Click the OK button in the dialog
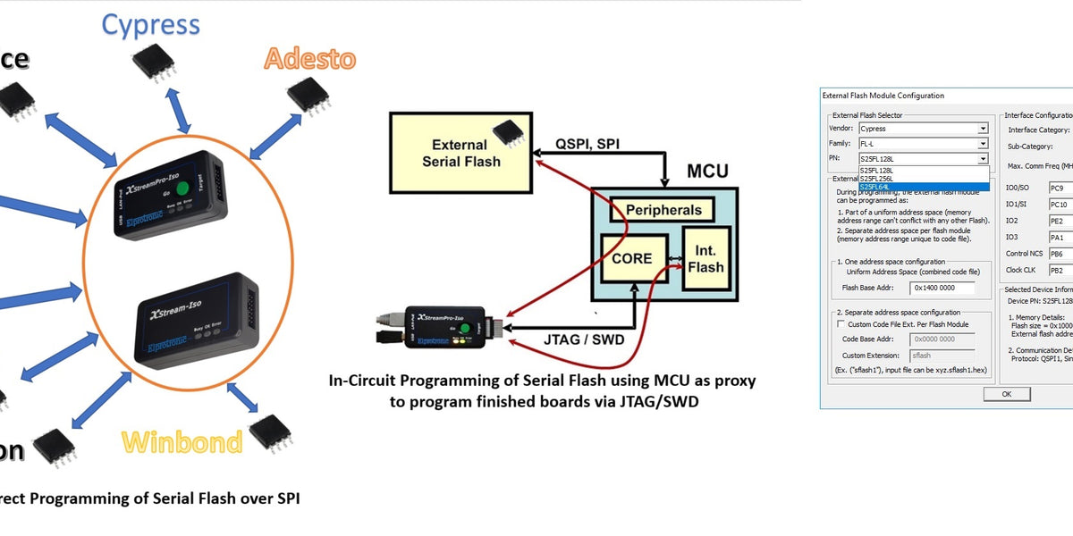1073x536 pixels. click(1006, 394)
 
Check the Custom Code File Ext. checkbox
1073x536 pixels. click(841, 324)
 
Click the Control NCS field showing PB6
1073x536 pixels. click(1060, 254)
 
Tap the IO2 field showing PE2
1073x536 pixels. click(1060, 221)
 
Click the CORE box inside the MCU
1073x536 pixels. click(632, 259)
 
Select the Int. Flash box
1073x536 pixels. click(706, 258)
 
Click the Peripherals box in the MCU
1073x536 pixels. click(663, 210)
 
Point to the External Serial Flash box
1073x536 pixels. click(460, 153)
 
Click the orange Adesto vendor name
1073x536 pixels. click(309, 59)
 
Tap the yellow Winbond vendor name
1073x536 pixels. click(182, 442)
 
